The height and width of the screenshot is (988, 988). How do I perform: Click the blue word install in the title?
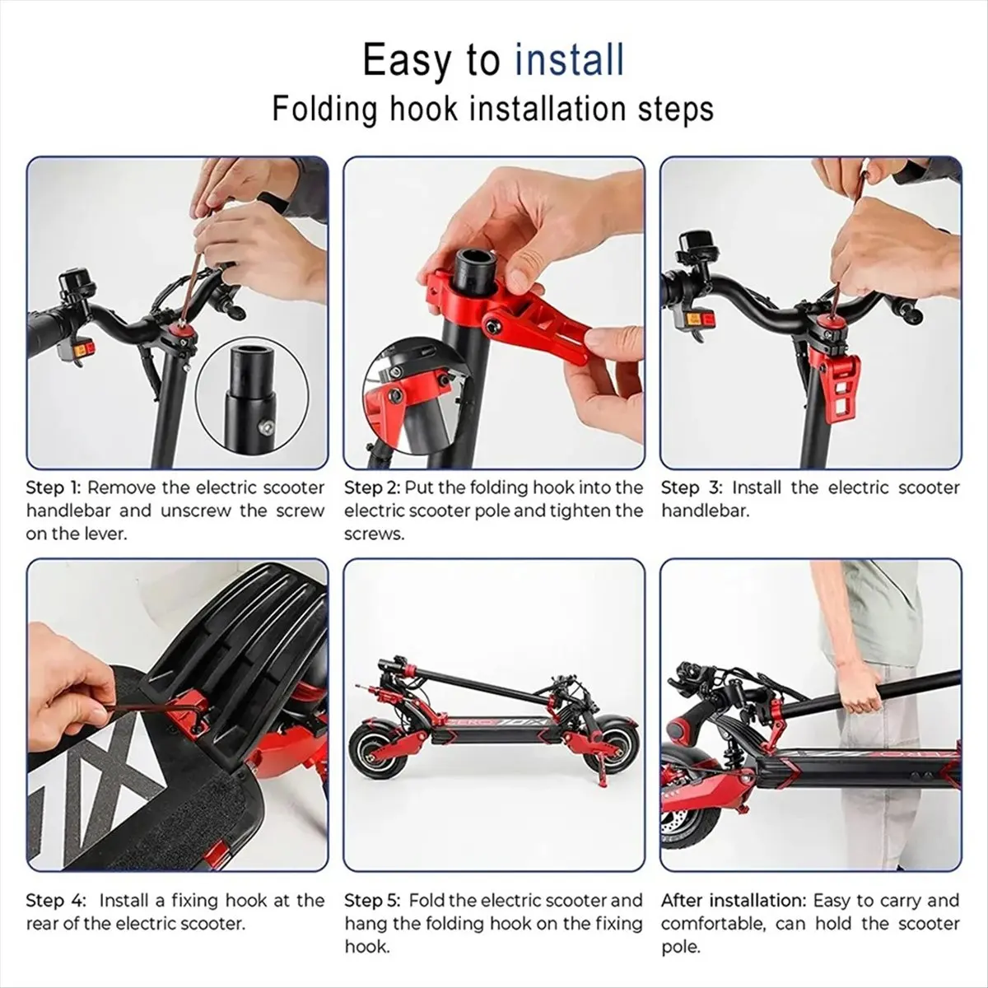569,60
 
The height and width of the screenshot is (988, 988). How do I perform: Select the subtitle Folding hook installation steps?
493,109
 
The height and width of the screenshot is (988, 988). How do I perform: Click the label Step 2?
372,488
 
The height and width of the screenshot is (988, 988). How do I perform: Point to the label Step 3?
692,488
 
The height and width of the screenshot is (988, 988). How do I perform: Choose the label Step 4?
56,901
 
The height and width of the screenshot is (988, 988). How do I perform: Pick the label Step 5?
373,901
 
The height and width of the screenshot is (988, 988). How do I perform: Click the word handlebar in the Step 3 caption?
705,511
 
